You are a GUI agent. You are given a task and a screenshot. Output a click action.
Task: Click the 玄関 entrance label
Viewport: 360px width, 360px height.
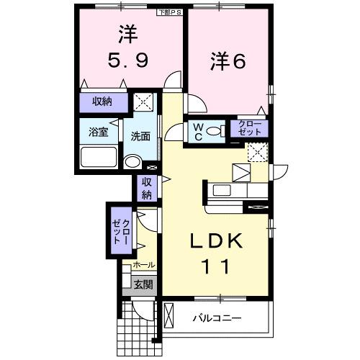click(x=143, y=284)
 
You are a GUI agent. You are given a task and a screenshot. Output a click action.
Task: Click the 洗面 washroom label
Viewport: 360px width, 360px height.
click(x=140, y=135)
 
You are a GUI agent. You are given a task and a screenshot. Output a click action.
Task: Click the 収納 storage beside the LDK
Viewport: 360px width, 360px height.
click(x=147, y=189)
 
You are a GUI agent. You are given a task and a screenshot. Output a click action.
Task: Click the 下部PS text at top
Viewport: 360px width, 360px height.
click(x=170, y=12)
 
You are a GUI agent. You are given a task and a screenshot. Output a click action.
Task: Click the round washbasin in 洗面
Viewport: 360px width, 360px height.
click(x=132, y=161)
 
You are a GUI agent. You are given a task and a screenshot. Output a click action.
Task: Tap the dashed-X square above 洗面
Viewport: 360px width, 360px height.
click(x=147, y=102)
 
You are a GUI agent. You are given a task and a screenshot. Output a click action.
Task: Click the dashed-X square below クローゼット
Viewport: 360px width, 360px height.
click(x=256, y=151)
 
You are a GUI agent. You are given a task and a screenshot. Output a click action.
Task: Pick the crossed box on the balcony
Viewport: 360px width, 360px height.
click(x=171, y=317)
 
